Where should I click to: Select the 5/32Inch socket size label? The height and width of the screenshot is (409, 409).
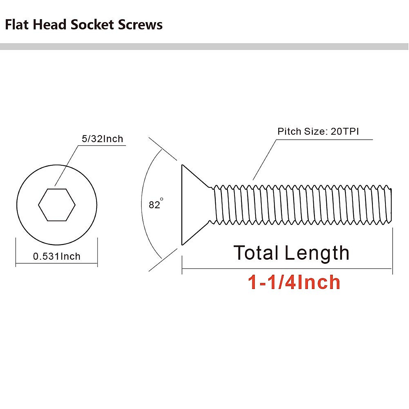pos(102,139)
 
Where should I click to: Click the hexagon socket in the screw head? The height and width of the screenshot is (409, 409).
pos(57,205)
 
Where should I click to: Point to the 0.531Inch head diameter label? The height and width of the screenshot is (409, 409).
pos(57,256)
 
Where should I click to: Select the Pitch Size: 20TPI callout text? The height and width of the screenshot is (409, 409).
pos(318,132)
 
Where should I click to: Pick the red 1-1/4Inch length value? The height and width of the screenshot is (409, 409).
pos(294,283)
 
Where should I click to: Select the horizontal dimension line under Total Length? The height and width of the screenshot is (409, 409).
pos(286,269)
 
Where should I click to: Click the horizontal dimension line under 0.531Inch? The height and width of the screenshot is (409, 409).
pos(57,263)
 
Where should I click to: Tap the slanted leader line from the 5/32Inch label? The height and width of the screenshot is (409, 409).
pos(66,166)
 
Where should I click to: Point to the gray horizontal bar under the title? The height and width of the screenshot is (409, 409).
pos(204,47)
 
